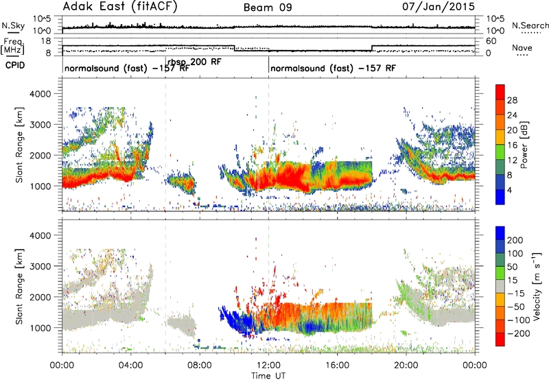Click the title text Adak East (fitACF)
pyautogui.click(x=120, y=6)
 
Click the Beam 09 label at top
pyautogui.click(x=268, y=8)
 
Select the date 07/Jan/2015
pyautogui.click(x=439, y=6)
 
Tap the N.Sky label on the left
pyautogui.click(x=13, y=25)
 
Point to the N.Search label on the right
pyautogui.click(x=530, y=25)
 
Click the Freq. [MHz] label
pyautogui.click(x=13, y=47)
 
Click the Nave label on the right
pyautogui.click(x=522, y=48)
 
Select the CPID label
pyautogui.click(x=15, y=65)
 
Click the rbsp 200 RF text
pyautogui.click(x=194, y=62)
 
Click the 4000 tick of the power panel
pyautogui.click(x=40, y=94)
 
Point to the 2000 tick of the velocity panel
pyautogui.click(x=40, y=297)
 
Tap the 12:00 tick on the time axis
pyautogui.click(x=269, y=366)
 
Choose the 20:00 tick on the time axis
pyautogui.click(x=406, y=366)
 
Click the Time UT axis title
pyautogui.click(x=268, y=376)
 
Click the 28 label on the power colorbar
pyautogui.click(x=512, y=100)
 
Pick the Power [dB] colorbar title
pyautogui.click(x=524, y=145)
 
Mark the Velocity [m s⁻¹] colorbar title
pyautogui.click(x=537, y=286)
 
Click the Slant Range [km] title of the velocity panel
pyautogui.click(x=19, y=287)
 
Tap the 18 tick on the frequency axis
pyautogui.click(x=46, y=41)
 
